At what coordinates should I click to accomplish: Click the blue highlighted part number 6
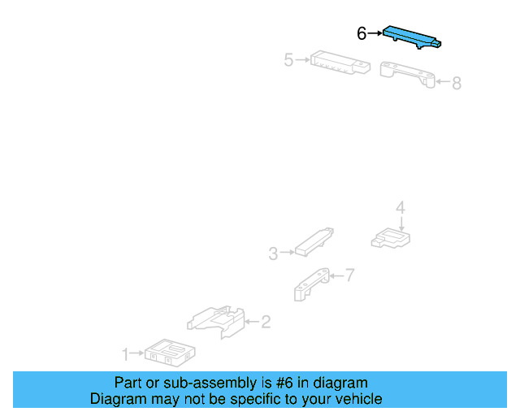pos(411,37)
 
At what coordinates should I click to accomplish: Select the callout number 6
pos(361,33)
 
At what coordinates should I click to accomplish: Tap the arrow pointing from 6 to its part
pos(375,33)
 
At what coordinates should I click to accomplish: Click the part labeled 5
pos(340,63)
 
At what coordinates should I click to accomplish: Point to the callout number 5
pos(289,60)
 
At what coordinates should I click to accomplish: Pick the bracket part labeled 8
pos(407,74)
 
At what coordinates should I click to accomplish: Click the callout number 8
pos(457,83)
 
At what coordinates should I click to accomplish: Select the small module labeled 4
pos(391,239)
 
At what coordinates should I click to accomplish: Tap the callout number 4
pos(401,208)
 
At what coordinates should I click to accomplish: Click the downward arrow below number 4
pos(401,224)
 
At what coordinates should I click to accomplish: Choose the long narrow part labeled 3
pos(314,242)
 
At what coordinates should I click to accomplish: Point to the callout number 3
pos(273,253)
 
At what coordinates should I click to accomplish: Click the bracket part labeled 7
pos(311,284)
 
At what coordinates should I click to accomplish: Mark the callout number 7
pos(350,275)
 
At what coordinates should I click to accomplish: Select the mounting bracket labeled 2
pos(216,322)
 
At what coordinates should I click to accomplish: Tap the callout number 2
pos(266,322)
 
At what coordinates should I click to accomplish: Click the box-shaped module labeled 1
pos(170,353)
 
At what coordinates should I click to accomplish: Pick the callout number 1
pos(125,354)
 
